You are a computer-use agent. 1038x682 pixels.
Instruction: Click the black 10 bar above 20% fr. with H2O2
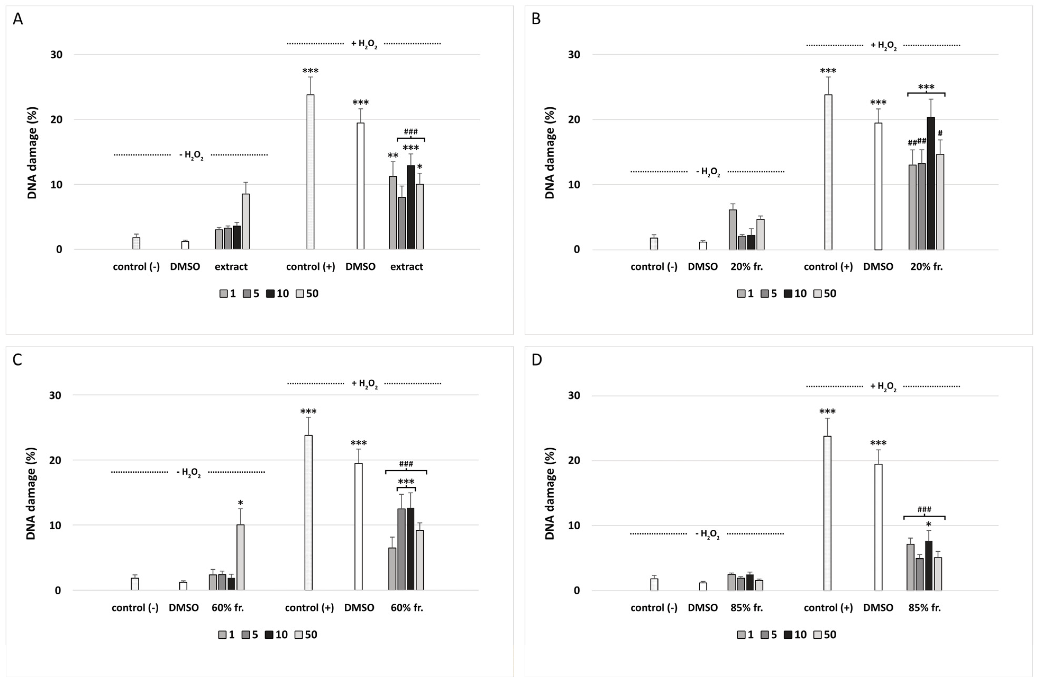[x=931, y=183]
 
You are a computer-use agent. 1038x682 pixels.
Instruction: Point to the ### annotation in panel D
[x=924, y=509]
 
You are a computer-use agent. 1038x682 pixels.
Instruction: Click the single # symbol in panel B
[x=940, y=133]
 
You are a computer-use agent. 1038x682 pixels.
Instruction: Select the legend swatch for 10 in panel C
[x=269, y=635]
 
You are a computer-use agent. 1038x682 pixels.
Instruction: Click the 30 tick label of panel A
[x=56, y=54]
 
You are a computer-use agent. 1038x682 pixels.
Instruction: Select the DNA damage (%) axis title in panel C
[x=31, y=493]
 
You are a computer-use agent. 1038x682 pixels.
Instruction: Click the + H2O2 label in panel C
[x=365, y=383]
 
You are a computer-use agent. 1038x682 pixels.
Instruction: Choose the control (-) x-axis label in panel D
[x=654, y=608]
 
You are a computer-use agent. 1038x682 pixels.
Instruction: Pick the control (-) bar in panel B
[x=654, y=244]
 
